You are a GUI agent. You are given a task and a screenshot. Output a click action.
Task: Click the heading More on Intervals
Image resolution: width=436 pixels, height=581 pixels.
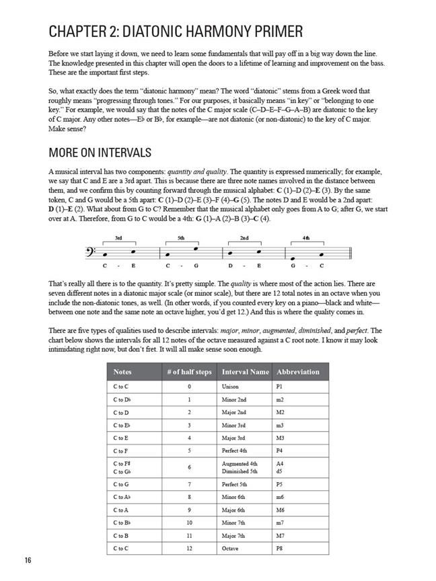coord(100,153)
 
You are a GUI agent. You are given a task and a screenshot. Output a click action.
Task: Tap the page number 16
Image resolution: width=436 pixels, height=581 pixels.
coord(27,561)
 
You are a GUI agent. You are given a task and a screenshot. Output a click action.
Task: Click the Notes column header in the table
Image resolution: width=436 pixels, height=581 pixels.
coord(123,372)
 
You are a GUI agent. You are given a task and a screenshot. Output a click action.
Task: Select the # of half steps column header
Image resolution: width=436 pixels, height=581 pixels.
coord(189,372)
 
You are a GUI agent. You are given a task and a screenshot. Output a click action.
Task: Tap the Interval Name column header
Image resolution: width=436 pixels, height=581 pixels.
coord(245,372)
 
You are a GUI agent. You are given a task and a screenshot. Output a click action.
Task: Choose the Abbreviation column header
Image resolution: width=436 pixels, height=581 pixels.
coord(298,372)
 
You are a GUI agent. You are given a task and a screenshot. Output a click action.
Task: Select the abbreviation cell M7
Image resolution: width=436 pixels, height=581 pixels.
coord(281,535)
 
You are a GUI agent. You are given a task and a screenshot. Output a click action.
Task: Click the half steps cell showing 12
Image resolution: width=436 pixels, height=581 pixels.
coord(189,548)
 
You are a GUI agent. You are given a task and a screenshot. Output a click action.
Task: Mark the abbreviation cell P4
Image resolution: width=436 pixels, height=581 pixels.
coord(280,451)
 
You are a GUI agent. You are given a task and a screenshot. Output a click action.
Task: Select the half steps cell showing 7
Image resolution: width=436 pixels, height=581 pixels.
coord(189,484)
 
